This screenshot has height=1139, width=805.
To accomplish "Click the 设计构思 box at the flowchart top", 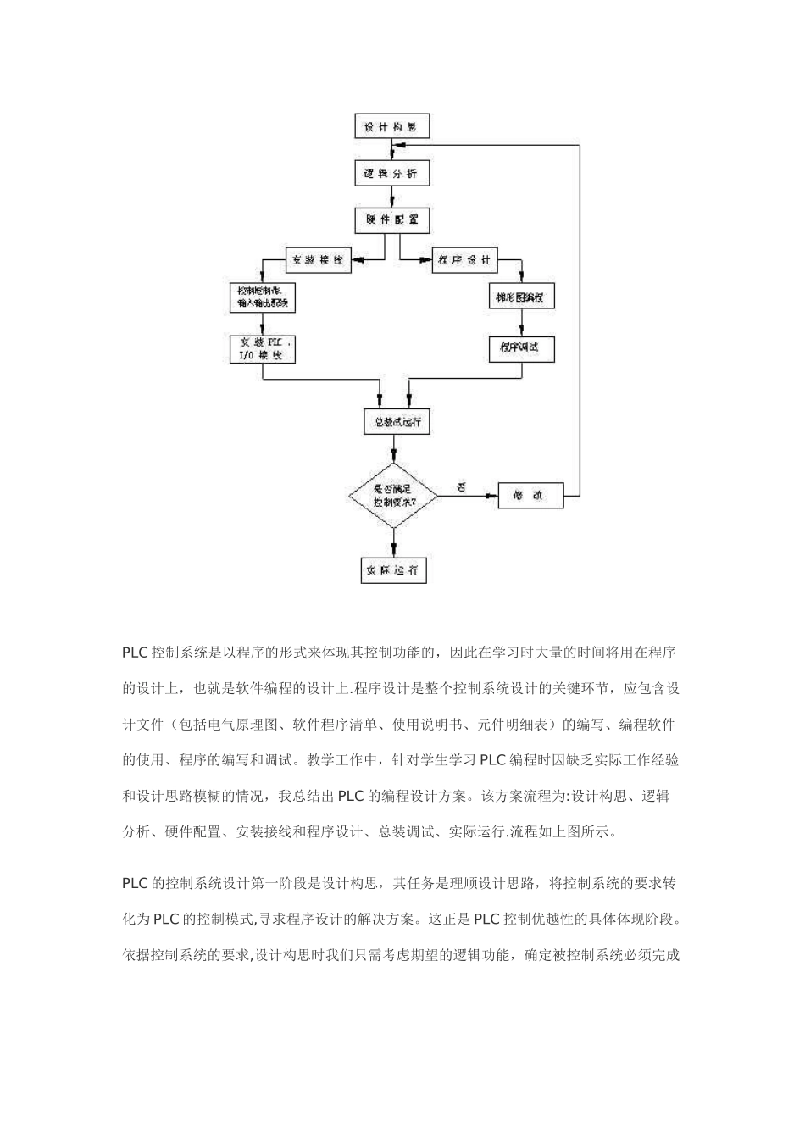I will click(391, 127).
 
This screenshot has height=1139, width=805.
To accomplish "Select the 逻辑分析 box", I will click(391, 174).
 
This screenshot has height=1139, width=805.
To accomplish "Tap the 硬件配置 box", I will click(391, 219).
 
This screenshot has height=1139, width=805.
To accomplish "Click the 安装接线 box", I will click(317, 260).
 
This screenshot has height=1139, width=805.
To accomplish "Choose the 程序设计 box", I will click(464, 260).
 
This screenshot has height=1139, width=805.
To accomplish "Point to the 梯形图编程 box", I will click(522, 298).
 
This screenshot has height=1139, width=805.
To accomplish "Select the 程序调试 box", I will click(521, 349).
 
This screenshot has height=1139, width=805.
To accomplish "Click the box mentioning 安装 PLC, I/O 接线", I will click(263, 349).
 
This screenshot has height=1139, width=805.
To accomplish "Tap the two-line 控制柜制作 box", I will click(262, 297).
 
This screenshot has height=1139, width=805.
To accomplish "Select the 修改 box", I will click(531, 495).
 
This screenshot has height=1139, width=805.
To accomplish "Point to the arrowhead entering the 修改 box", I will click(491, 495).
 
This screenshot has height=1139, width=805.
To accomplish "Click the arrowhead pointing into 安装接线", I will click(358, 260).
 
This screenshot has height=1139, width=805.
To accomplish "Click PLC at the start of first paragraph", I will click(135, 653).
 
